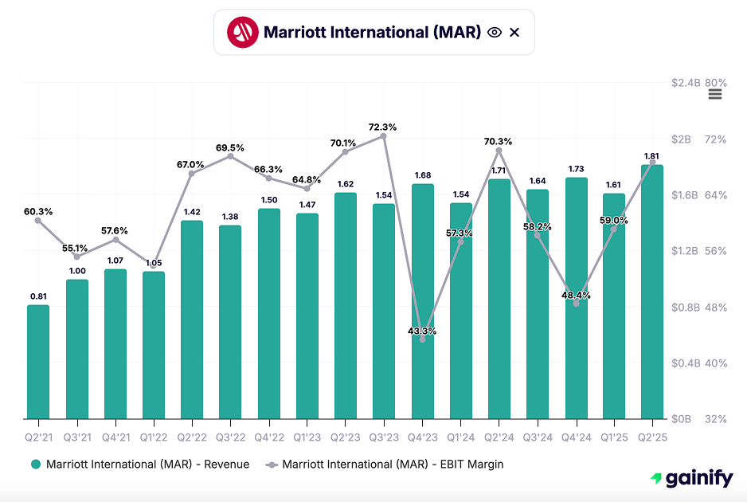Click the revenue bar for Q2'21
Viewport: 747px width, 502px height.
coord(38,362)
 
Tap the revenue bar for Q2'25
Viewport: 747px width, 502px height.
coord(652,292)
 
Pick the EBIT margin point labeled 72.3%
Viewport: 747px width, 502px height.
coord(383,136)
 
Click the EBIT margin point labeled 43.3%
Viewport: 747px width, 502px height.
coord(422,339)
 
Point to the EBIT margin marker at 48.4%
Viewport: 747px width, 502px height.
coord(576,304)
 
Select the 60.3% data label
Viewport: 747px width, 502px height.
coord(38,212)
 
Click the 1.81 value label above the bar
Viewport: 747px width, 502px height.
coord(651,156)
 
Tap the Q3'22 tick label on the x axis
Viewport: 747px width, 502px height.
coord(230,437)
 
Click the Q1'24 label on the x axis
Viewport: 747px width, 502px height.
coord(460,437)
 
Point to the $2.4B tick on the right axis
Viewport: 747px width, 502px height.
coord(685,84)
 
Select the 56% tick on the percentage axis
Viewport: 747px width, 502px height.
coord(716,251)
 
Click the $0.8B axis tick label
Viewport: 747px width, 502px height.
coord(685,308)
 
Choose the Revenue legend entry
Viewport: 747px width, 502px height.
coord(140,464)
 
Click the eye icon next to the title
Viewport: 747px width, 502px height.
coord(495,32)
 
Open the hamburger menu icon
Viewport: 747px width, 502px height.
coord(714,94)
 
